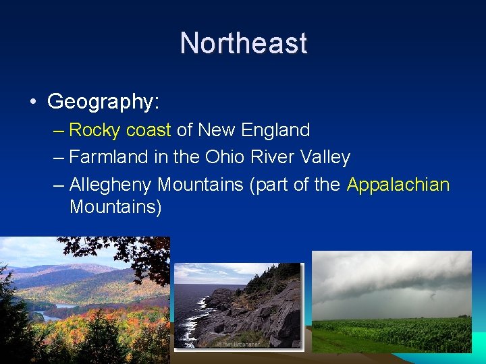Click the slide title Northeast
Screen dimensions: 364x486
pos(243,43)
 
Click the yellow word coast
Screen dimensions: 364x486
pos(148,129)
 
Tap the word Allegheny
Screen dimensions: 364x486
pos(111,185)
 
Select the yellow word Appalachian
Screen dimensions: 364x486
pos(398,185)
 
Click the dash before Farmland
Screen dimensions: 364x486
pos(58,158)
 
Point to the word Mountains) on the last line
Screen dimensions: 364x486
pos(115,206)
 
